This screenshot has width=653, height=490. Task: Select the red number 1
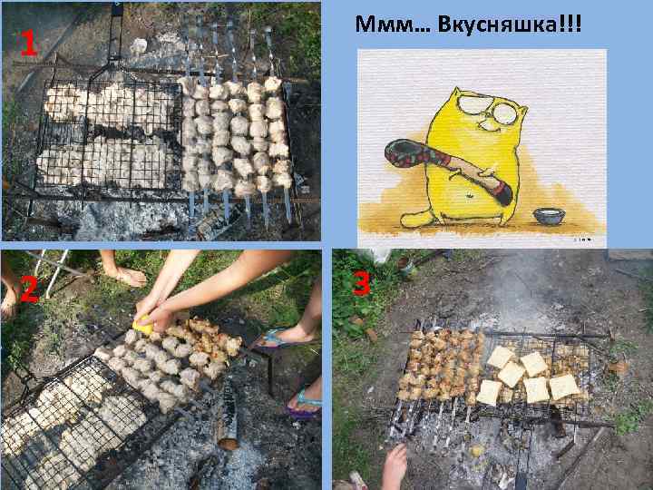pyautogui.click(x=28, y=44)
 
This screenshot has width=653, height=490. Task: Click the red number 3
pyautogui.click(x=362, y=285)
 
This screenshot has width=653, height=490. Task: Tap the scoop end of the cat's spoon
pyautogui.click(x=411, y=149)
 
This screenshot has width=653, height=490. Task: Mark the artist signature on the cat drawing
pyautogui.click(x=585, y=240)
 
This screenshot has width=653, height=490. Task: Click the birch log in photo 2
pyautogui.click(x=228, y=418)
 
